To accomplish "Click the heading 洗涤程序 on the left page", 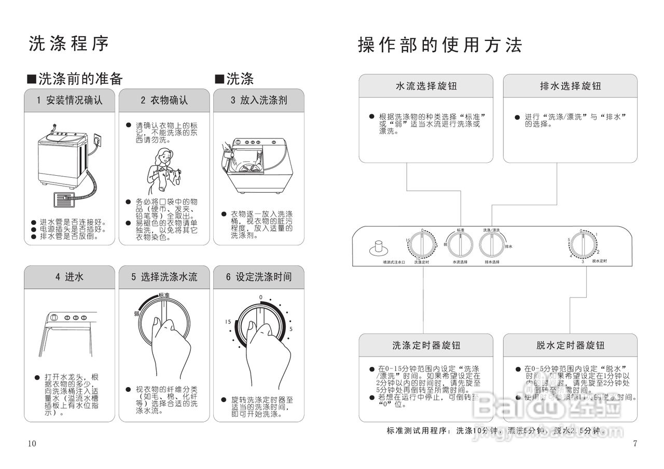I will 69,44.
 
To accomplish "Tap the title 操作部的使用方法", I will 440,45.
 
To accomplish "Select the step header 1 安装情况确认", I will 70,100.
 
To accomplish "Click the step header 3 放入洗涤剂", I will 258,100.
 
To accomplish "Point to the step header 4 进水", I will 70,277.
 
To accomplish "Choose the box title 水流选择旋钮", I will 426,86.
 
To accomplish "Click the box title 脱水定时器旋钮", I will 570,345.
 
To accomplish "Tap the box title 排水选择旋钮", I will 570,86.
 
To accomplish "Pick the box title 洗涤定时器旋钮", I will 426,345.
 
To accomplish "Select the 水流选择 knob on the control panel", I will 460,244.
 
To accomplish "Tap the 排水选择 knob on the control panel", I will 492,244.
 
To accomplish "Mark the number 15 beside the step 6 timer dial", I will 228,322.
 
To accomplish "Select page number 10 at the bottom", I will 33,443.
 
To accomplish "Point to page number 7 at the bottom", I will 635,443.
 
